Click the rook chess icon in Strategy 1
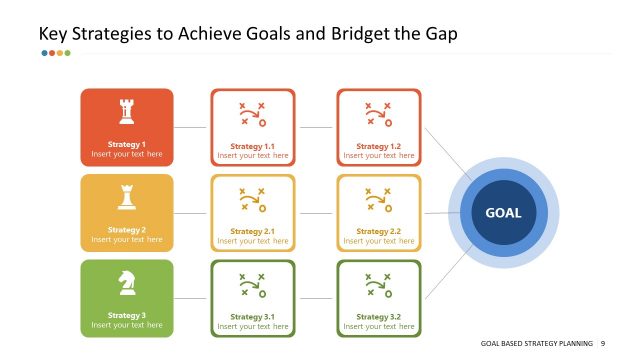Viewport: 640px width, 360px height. [x=126, y=111]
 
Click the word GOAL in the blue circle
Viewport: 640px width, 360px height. [x=503, y=212]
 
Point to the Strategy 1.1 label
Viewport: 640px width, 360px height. [x=252, y=146]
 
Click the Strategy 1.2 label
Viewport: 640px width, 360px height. [x=378, y=146]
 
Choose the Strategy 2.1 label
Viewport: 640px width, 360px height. [x=252, y=232]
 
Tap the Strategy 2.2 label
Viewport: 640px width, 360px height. [x=378, y=232]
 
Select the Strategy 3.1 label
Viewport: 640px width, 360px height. [x=252, y=317]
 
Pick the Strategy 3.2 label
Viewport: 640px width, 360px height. [x=378, y=317]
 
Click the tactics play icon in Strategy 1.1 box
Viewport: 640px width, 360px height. [x=252, y=114]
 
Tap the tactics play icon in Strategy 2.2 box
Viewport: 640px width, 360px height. [x=378, y=200]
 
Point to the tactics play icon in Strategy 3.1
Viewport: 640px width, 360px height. [x=252, y=286]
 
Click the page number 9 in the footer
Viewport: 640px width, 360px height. [x=603, y=343]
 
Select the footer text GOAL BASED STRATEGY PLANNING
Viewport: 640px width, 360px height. [x=537, y=343]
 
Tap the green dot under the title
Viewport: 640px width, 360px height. [x=67, y=53]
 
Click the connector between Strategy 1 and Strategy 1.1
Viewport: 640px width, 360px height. [x=191, y=127]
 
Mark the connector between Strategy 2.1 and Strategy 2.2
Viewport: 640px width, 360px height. [x=316, y=213]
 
